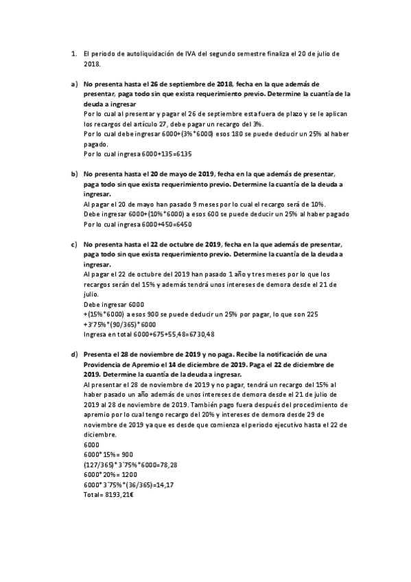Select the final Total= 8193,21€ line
[108, 495]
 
